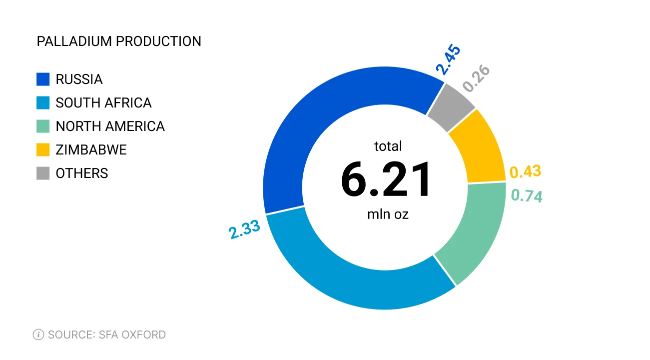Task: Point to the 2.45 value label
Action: pyautogui.click(x=448, y=60)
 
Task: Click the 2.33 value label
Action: pyautogui.click(x=244, y=230)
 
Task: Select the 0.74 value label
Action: pyautogui.click(x=527, y=195)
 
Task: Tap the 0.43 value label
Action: pyautogui.click(x=525, y=172)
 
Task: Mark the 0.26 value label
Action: pyautogui.click(x=476, y=78)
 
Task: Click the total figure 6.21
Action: pyautogui.click(x=386, y=180)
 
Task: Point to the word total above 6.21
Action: pyautogui.click(x=388, y=146)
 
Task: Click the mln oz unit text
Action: pyautogui.click(x=388, y=214)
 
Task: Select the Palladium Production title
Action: pyautogui.click(x=119, y=41)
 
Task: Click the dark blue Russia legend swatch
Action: pyautogui.click(x=43, y=79)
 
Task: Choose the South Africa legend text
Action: pyautogui.click(x=103, y=103)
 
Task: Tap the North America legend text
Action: pyautogui.click(x=110, y=126)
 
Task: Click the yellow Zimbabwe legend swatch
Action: pyautogui.click(x=43, y=150)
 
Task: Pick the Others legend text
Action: pyautogui.click(x=82, y=173)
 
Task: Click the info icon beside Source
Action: pyautogui.click(x=38, y=334)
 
